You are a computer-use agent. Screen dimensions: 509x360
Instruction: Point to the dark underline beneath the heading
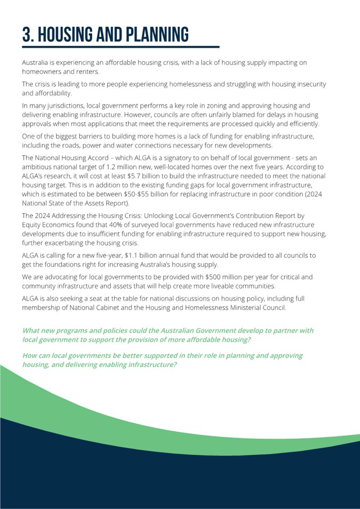(x=121, y=47)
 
